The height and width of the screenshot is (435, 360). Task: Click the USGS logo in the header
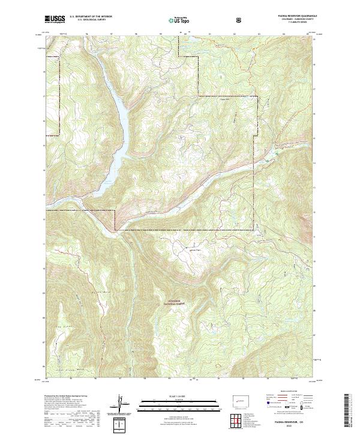pyautogui.click(x=55, y=19)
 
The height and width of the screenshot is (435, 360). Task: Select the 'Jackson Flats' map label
pyautogui.click(x=187, y=250)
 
